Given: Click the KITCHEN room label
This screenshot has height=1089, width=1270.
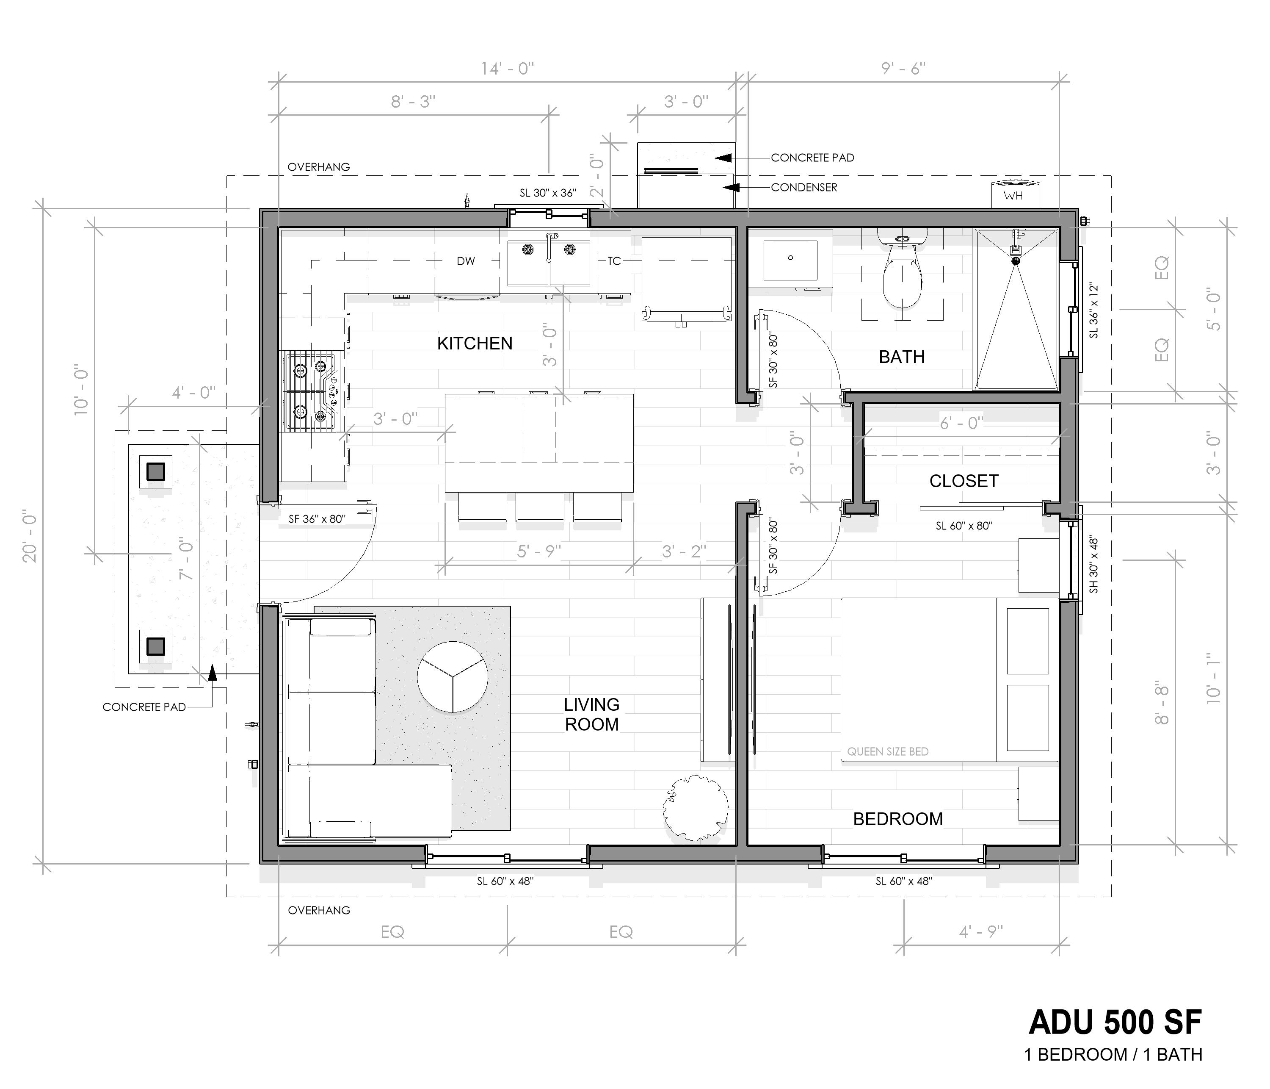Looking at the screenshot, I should click(475, 344).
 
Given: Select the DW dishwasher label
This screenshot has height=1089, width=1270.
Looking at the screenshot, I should click(466, 261).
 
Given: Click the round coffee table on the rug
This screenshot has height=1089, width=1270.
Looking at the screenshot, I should click(453, 677).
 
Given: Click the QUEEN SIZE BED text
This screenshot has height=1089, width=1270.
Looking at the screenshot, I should click(888, 752).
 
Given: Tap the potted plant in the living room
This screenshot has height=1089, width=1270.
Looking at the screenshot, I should click(695, 808).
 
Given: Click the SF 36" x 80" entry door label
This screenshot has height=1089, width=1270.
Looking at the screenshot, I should click(317, 519).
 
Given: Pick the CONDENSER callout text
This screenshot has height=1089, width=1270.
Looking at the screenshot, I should click(803, 188).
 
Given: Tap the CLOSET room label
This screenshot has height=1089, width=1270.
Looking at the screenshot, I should click(964, 481).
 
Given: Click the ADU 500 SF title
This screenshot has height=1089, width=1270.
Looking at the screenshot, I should click(1115, 1022).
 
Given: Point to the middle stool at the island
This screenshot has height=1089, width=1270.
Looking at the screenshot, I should click(539, 507).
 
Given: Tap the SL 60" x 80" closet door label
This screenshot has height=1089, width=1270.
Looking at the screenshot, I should click(964, 526).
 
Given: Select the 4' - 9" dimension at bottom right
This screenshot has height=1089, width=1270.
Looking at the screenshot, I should click(981, 932).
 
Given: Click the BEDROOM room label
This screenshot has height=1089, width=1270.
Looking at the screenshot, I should click(898, 819).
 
